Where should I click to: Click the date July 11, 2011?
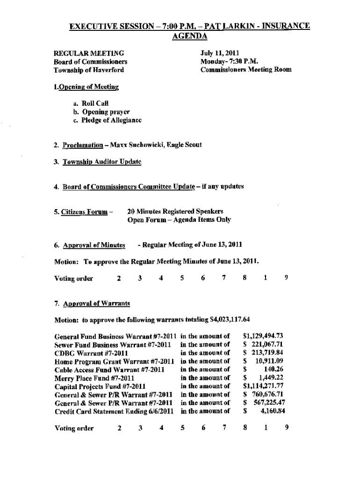click(x=220, y=53)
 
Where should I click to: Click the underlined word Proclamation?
click(x=82, y=145)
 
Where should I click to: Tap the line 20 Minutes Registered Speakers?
click(x=175, y=212)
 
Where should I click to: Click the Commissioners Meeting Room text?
click(x=246, y=70)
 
